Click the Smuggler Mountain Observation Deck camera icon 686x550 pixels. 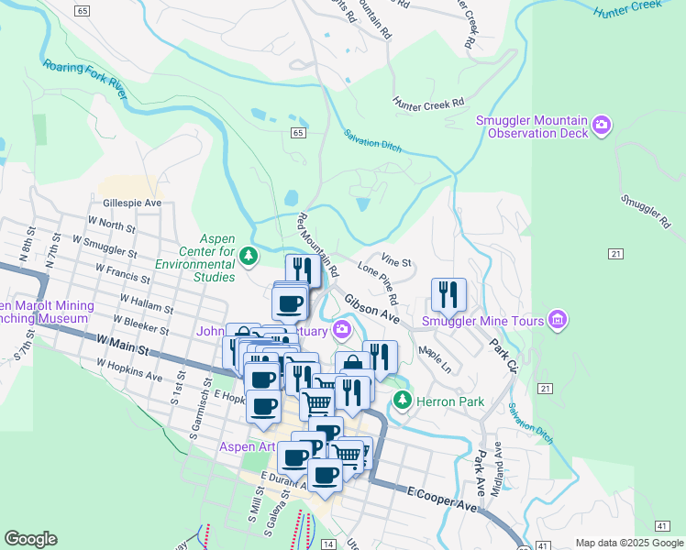(x=602, y=125)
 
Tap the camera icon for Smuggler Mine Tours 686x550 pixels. (x=556, y=320)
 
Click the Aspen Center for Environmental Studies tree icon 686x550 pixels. (x=249, y=254)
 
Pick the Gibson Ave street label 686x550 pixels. (x=371, y=309)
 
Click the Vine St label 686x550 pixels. (x=396, y=262)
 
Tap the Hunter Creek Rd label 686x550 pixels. (x=428, y=104)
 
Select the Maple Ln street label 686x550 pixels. (x=434, y=357)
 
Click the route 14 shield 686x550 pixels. (x=327, y=544)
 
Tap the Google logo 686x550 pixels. (x=30, y=539)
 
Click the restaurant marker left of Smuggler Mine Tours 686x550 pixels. (x=448, y=295)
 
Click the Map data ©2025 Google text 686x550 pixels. (x=628, y=543)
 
